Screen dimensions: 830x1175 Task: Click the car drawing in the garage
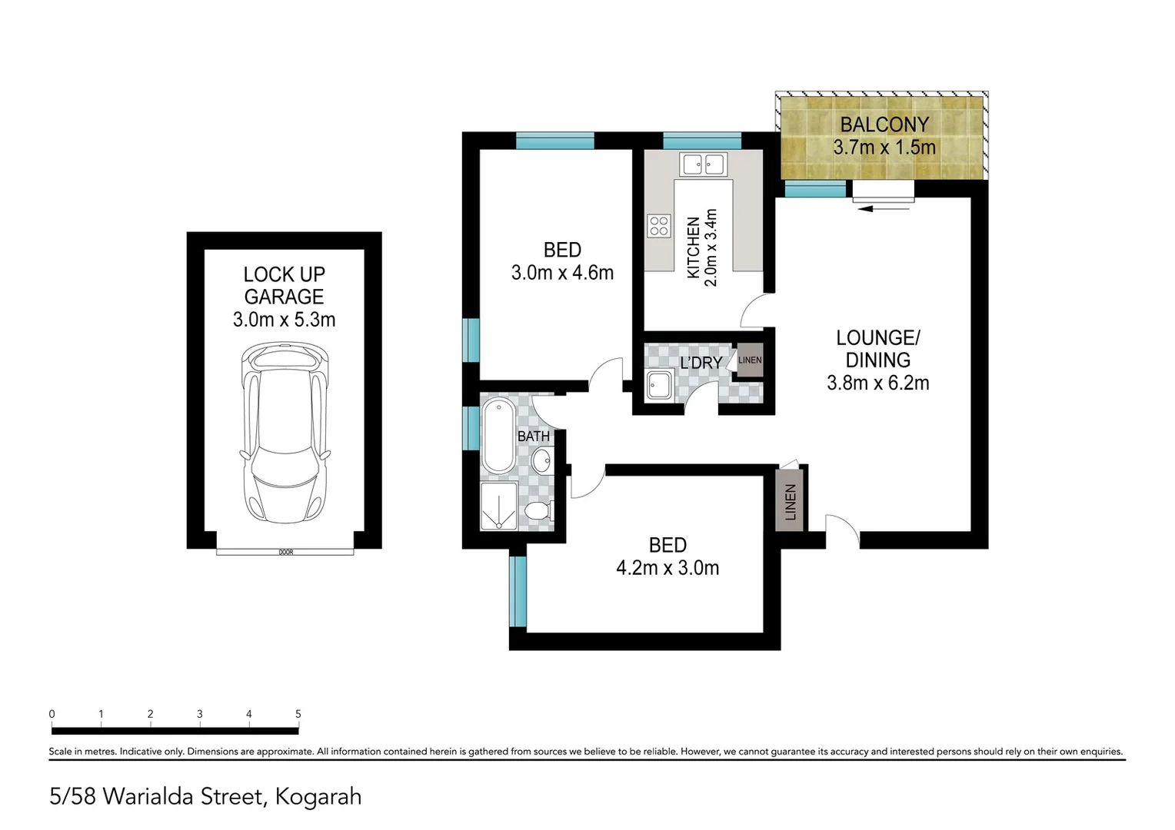(x=285, y=433)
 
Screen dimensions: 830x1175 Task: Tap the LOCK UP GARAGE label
(x=284, y=285)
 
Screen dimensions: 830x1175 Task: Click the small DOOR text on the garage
(x=285, y=552)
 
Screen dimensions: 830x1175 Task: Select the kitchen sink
(x=704, y=164)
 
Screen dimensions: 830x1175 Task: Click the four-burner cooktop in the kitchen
(x=659, y=226)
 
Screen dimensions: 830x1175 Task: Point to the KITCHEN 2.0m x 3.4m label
(x=702, y=247)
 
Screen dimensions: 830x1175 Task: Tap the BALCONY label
(x=884, y=124)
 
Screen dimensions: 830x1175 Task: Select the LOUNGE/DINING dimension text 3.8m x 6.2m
(x=877, y=383)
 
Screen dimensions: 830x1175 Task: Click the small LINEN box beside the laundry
(x=750, y=360)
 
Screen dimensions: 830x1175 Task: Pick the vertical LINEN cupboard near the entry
(x=790, y=502)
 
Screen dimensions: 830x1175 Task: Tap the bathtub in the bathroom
(x=498, y=435)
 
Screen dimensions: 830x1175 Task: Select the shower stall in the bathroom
(x=499, y=506)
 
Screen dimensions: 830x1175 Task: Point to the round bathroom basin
(x=541, y=461)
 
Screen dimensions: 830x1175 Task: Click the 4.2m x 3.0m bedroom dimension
(x=667, y=568)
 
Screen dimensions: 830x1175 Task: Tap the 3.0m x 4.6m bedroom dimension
(x=562, y=273)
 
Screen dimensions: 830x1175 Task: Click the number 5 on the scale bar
(x=298, y=714)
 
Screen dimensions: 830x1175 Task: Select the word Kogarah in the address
(x=318, y=797)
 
